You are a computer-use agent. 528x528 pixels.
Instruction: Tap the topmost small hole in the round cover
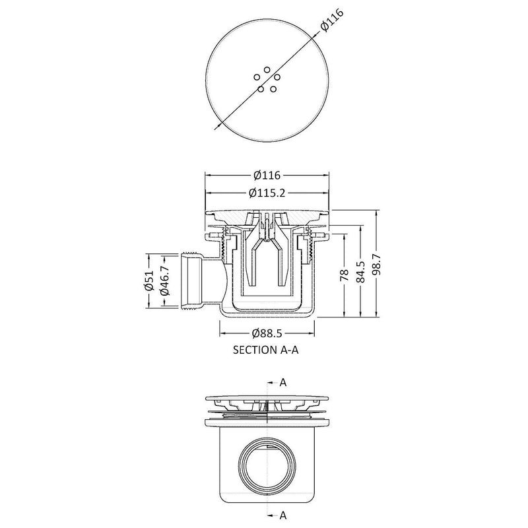click(x=267, y=69)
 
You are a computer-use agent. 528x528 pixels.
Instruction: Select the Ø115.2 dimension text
click(x=267, y=193)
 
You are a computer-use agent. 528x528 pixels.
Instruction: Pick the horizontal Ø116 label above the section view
click(x=267, y=176)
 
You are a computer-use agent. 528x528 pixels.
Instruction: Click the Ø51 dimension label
click(x=150, y=280)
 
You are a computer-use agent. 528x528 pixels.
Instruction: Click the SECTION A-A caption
click(x=267, y=351)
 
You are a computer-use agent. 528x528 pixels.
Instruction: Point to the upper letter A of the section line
click(x=282, y=382)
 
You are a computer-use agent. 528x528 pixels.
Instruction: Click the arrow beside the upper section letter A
click(x=272, y=382)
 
